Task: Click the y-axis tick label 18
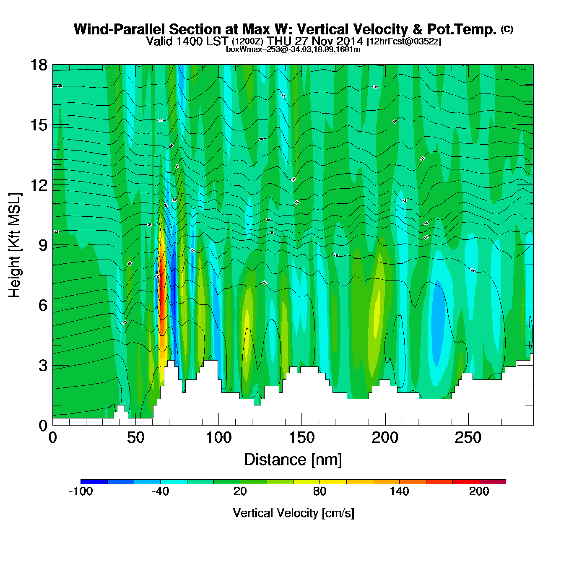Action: click(39, 65)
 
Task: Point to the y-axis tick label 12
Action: click(39, 185)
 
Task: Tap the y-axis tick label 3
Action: click(43, 366)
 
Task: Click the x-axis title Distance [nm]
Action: click(293, 460)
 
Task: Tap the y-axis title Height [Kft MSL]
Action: click(15, 245)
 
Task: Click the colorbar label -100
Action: click(81, 491)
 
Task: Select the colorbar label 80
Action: click(319, 491)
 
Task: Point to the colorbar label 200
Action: click(479, 491)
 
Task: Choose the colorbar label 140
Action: click(399, 491)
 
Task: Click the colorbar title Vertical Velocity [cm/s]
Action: click(293, 513)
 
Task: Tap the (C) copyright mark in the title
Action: click(507, 29)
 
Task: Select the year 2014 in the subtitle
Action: click(349, 41)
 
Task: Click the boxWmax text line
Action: click(293, 49)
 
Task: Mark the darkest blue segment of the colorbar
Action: click(94, 482)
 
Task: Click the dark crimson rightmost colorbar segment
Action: click(492, 482)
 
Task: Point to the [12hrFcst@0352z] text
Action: click(404, 42)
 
